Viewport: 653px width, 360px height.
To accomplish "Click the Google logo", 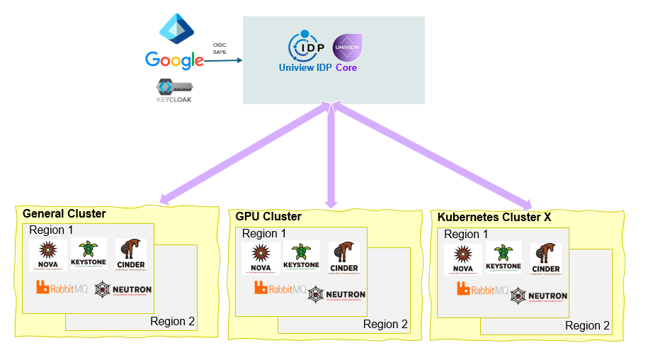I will tap(174, 60).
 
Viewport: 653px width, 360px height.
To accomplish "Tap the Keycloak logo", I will tap(174, 91).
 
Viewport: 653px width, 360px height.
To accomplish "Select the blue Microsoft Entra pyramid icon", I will tap(174, 28).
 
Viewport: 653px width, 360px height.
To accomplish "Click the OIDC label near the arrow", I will tap(220, 46).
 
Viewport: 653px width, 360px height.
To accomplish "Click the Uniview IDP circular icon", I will tap(307, 46).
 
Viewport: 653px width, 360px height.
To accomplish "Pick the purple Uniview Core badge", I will tap(346, 47).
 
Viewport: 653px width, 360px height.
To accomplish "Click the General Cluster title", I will tap(64, 214).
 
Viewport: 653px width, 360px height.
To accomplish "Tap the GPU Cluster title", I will tap(268, 216).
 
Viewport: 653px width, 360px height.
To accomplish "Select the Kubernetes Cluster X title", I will tap(494, 217).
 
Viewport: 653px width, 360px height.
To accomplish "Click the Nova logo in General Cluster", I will tap(48, 256).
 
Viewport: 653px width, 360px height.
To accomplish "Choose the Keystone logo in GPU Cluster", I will tap(301, 257).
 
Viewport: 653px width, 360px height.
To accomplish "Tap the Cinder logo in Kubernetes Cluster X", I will tap(545, 259).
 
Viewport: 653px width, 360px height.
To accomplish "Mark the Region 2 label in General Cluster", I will tap(172, 322).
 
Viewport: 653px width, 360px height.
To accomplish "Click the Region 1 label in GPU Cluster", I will tap(264, 233).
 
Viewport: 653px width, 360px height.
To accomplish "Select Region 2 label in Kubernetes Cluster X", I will tap(587, 326).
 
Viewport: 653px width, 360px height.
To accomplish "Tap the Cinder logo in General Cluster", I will tap(130, 256).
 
